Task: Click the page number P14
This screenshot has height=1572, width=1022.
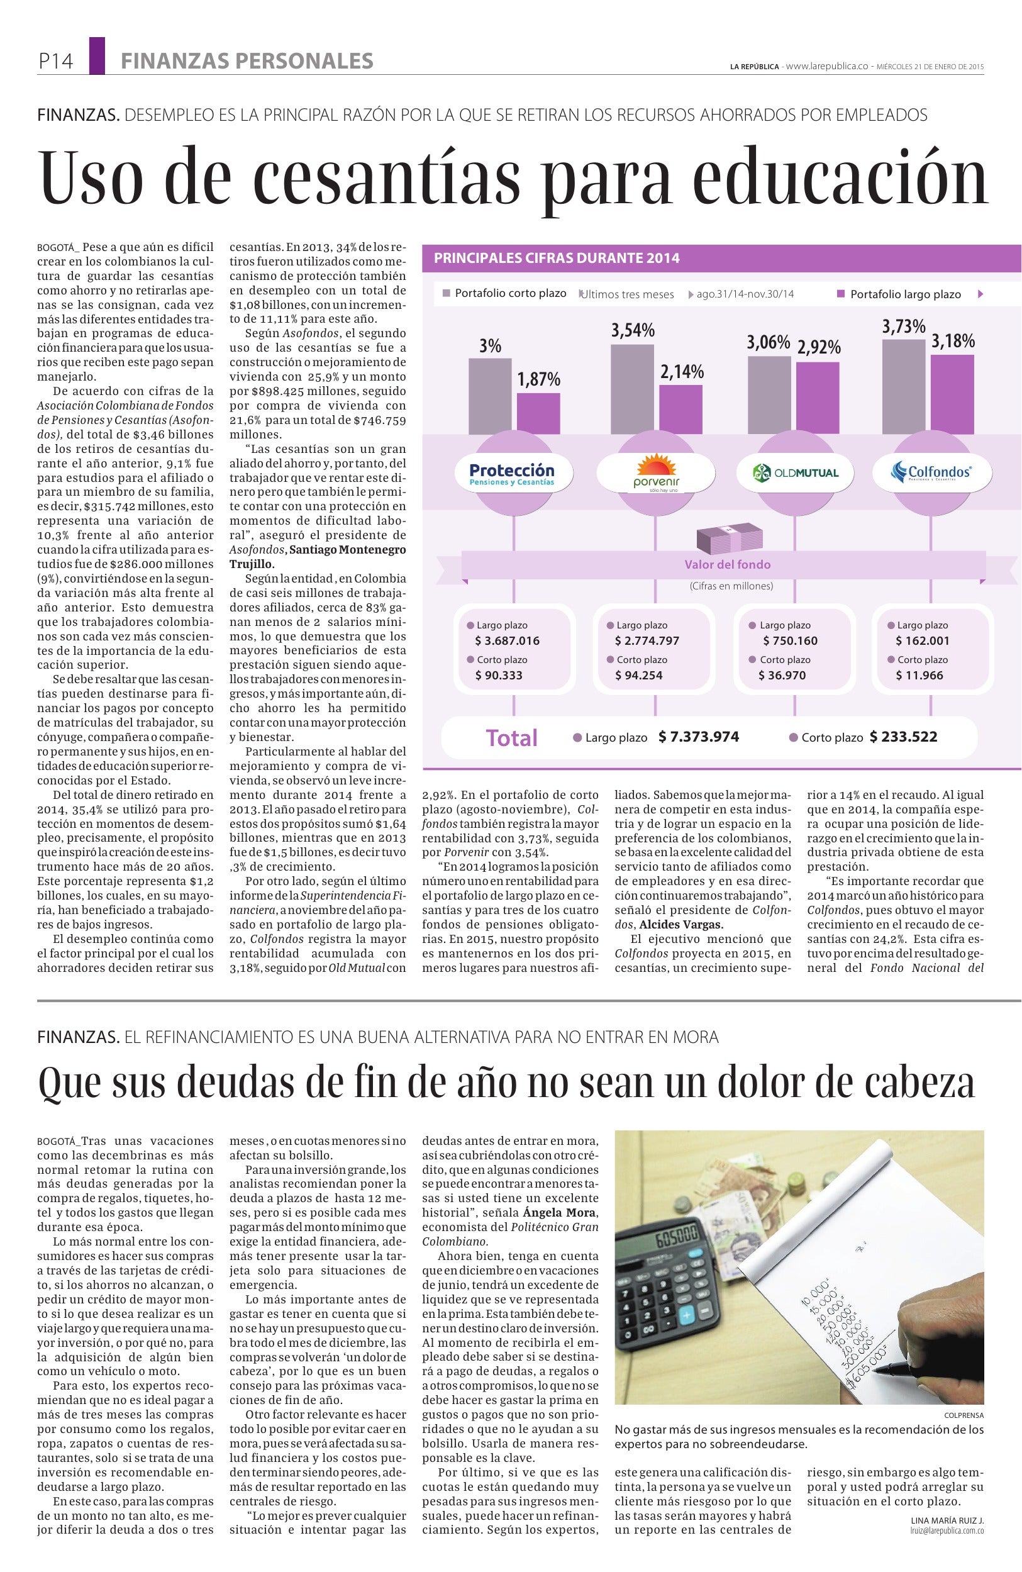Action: [55, 62]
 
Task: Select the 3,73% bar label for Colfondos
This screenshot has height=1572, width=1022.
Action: [903, 326]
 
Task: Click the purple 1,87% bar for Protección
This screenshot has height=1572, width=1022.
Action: [538, 413]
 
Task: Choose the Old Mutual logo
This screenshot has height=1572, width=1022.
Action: [796, 472]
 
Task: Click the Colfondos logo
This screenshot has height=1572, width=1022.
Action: [931, 472]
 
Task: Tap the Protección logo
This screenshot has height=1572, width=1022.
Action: [513, 474]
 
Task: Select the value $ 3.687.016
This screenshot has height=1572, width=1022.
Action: [507, 640]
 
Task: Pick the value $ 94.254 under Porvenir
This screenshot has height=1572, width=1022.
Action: [638, 675]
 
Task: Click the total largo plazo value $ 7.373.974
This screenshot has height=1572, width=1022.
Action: [699, 737]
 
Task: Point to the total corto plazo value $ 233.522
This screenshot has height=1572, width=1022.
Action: [903, 737]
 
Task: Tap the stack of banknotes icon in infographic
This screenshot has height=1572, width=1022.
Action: [725, 540]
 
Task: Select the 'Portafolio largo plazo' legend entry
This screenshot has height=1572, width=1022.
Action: [904, 294]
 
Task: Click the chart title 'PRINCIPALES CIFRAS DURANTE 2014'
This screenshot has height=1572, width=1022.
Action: [557, 259]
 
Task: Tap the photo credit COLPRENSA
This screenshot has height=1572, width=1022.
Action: [964, 1415]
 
